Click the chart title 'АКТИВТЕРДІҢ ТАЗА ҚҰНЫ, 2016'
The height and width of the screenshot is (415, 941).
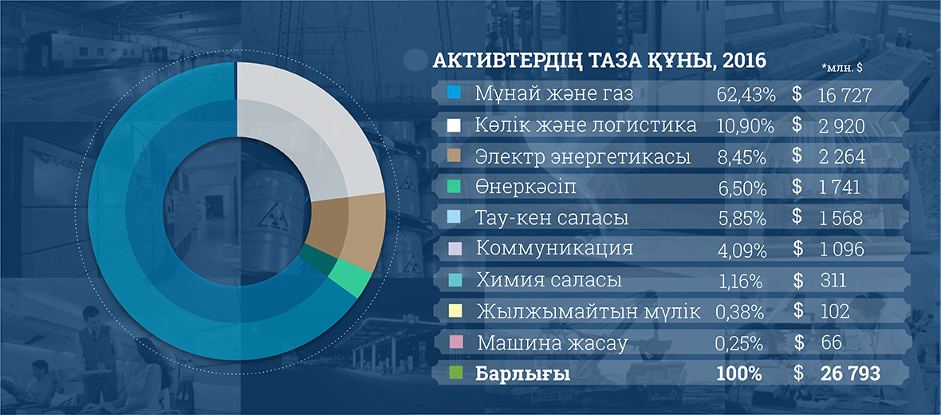click(600, 61)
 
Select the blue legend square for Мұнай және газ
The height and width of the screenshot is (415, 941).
click(454, 93)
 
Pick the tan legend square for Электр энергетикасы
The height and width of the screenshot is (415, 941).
click(454, 156)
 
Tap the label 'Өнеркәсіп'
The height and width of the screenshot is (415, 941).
click(526, 187)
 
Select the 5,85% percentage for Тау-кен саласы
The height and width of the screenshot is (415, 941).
click(742, 219)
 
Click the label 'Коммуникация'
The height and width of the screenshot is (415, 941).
click(554, 249)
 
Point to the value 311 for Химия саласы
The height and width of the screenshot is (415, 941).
click(833, 281)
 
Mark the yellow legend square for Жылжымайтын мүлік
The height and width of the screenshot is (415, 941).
click(454, 312)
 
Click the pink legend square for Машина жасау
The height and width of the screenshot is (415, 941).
click(454, 343)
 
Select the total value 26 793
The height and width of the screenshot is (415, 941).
click(850, 374)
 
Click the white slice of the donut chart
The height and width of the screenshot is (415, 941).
click(306, 132)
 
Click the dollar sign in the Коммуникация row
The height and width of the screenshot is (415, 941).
click(797, 249)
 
